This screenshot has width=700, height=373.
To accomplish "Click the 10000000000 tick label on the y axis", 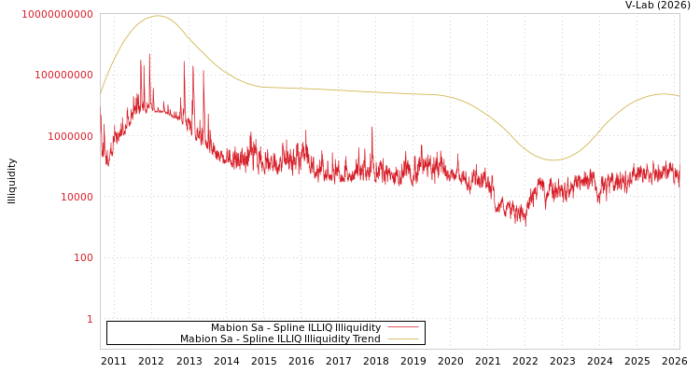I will (x=57, y=14).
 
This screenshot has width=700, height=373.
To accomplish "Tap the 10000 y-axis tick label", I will (x=74, y=197).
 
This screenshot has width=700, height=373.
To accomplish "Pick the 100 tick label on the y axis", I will (x=83, y=257).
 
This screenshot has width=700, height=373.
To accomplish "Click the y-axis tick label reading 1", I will (x=90, y=319).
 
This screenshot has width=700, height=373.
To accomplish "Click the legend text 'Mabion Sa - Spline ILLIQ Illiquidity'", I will (x=295, y=328).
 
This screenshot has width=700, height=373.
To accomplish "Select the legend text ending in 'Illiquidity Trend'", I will (x=280, y=339).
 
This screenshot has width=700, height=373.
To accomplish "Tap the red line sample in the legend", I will (x=402, y=328).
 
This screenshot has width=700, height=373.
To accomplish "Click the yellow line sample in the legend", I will (x=402, y=339).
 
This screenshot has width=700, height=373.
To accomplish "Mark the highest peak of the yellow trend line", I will (x=156, y=16).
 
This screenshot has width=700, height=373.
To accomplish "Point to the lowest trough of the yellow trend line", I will (x=553, y=160).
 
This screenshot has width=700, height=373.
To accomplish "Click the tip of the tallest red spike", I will (x=148, y=54).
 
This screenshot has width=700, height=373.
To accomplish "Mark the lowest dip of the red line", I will (x=525, y=225).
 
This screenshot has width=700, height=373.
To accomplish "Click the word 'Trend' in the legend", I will (x=364, y=339).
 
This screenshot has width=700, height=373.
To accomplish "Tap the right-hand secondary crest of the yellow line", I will (x=664, y=94).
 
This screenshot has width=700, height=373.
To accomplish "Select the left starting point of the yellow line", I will (x=101, y=93).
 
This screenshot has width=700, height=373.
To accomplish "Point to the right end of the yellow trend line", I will (x=679, y=96).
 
